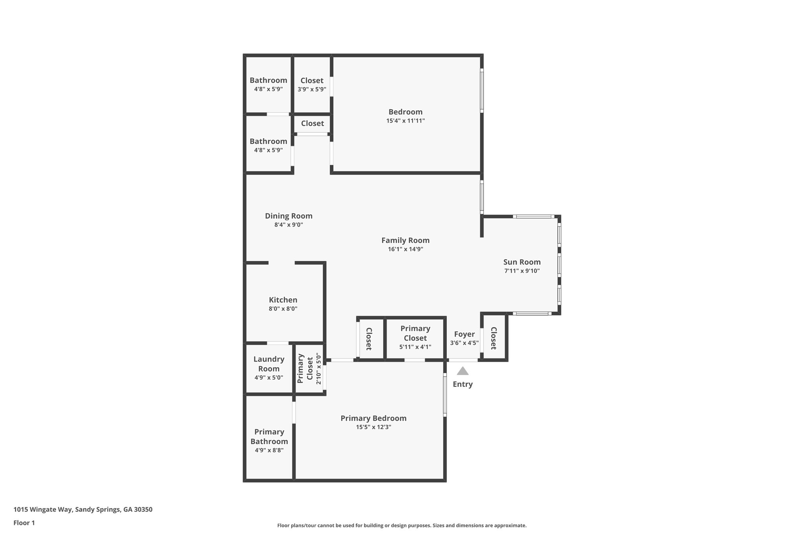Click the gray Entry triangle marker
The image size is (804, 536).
point(462,371)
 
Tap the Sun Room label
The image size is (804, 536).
point(522,262)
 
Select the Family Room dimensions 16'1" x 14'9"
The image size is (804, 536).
point(405,249)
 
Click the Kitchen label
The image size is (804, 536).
point(283,300)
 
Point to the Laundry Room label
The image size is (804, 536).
point(269,364)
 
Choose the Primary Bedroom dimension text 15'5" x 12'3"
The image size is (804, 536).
point(373,427)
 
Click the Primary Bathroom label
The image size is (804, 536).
point(269,436)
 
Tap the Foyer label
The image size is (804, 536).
point(464,334)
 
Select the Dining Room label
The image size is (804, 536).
point(289,216)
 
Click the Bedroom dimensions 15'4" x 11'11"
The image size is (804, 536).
point(405,121)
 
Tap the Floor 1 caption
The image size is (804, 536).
point(24,523)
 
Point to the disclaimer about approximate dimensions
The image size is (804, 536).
point(402,525)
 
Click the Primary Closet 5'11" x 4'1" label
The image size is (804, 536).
point(415,333)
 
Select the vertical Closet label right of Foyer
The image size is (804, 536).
point(493,338)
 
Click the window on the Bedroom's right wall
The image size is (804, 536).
point(482,90)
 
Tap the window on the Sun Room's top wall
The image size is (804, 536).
point(534,216)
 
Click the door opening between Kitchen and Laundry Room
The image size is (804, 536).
point(278,343)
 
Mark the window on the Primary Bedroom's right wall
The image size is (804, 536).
point(445,395)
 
